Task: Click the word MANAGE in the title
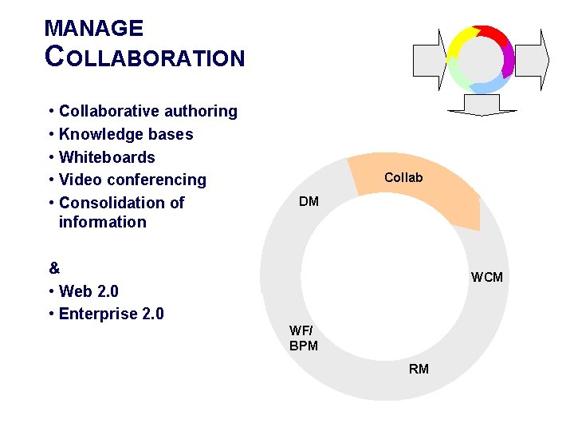pyautogui.click(x=94, y=29)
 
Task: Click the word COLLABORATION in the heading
pyautogui.click(x=145, y=57)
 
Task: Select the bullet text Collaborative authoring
pyautogui.click(x=147, y=111)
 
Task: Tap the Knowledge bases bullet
pyautogui.click(x=126, y=134)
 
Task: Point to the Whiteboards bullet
pyautogui.click(x=107, y=157)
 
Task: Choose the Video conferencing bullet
pyautogui.click(x=132, y=180)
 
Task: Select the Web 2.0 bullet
pyautogui.click(x=88, y=291)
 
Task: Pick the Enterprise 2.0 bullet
pyautogui.click(x=111, y=314)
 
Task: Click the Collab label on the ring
pyautogui.click(x=403, y=177)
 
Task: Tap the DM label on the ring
pyautogui.click(x=309, y=201)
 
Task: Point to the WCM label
pyautogui.click(x=486, y=277)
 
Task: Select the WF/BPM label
pyautogui.click(x=303, y=338)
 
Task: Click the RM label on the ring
pyautogui.click(x=419, y=369)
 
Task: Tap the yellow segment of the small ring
pyautogui.click(x=461, y=42)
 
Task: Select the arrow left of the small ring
pyautogui.click(x=428, y=59)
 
